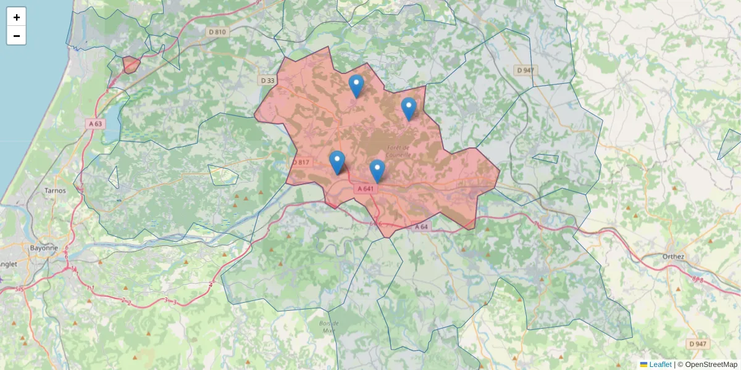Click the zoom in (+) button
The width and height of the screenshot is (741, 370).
17,17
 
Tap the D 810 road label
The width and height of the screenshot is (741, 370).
217,31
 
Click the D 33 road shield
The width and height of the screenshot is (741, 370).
267,80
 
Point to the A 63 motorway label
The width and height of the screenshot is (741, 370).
96,123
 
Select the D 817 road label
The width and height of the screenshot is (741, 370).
301,162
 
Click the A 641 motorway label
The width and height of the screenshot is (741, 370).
365,189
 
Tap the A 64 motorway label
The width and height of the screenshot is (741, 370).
421,227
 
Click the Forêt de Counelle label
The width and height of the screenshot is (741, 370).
398,151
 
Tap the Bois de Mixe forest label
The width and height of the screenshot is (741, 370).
329,327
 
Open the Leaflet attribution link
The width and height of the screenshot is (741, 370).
659,364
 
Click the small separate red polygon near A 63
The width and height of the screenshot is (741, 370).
130,64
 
